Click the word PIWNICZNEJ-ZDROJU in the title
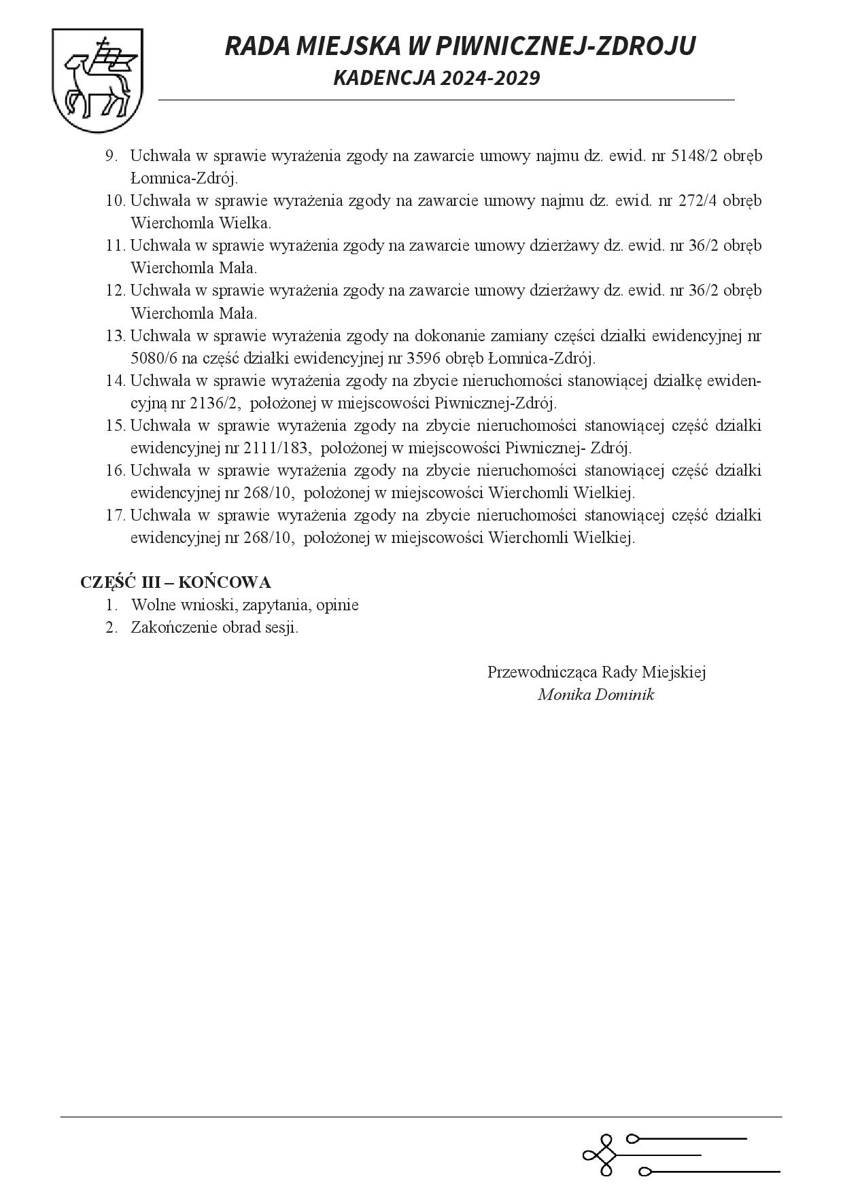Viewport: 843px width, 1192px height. click(x=565, y=46)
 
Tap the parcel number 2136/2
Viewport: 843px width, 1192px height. click(x=215, y=403)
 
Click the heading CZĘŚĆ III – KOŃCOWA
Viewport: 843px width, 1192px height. click(x=175, y=582)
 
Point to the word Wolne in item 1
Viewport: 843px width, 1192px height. click(x=152, y=605)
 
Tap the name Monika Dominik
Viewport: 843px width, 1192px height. click(x=596, y=695)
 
